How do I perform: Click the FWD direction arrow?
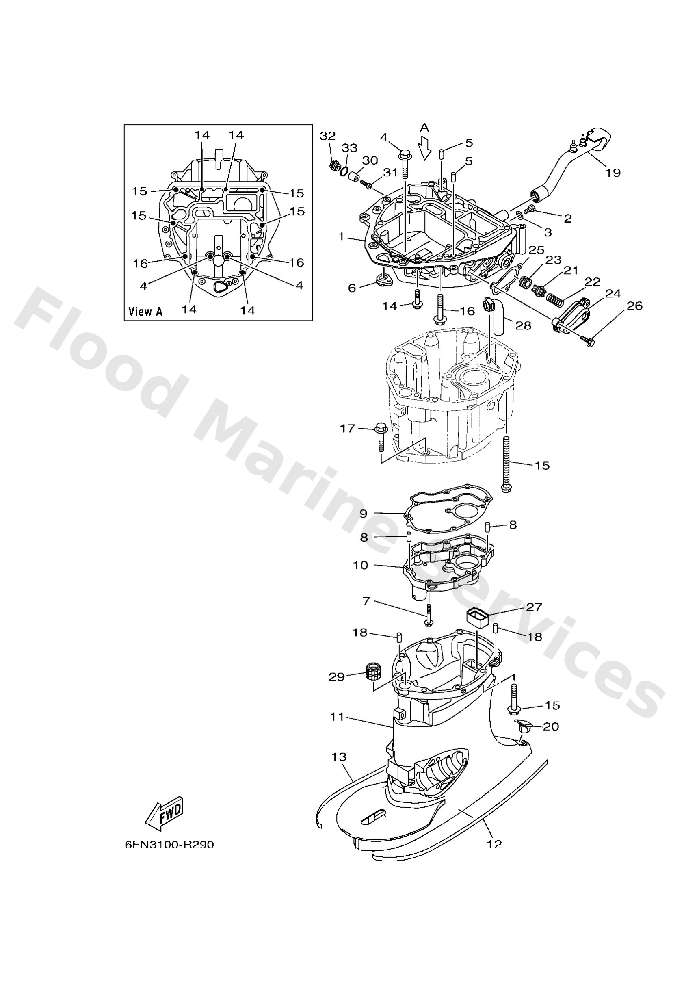pyautogui.click(x=165, y=814)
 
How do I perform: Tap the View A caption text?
pyautogui.click(x=145, y=311)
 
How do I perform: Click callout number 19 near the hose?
pyautogui.click(x=613, y=173)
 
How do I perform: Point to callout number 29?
pyautogui.click(x=336, y=676)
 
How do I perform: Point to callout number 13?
pyautogui.click(x=339, y=757)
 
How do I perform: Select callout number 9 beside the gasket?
pyautogui.click(x=364, y=513)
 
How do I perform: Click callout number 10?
pyautogui.click(x=360, y=565)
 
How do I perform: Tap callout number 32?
pyautogui.click(x=327, y=136)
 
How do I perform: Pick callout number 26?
pyautogui.click(x=634, y=306)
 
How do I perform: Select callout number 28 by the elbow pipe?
pyautogui.click(x=523, y=325)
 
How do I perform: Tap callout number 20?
pyautogui.click(x=551, y=726)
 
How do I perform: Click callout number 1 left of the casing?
pyautogui.click(x=341, y=236)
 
